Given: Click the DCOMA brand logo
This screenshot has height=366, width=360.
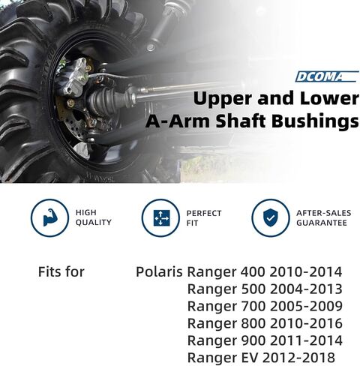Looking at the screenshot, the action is click(x=326, y=76).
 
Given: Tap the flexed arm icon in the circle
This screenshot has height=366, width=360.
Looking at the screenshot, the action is click(x=49, y=217).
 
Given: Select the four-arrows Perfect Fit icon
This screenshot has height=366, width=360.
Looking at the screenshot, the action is click(x=161, y=218).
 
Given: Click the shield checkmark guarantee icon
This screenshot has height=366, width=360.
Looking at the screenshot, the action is click(x=270, y=217).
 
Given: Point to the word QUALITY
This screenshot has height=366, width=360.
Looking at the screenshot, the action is click(x=94, y=222).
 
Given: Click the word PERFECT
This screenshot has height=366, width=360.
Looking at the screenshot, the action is click(x=204, y=213).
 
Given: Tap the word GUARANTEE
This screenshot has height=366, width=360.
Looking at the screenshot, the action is click(x=322, y=223).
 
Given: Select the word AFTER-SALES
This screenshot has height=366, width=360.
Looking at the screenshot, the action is click(x=324, y=213).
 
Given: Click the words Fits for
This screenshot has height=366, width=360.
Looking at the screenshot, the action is click(x=61, y=271).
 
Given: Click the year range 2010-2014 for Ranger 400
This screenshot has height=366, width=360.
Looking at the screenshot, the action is click(x=306, y=271).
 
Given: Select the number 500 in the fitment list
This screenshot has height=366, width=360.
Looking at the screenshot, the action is click(x=253, y=289).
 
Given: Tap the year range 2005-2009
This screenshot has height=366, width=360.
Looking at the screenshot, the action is click(x=306, y=306).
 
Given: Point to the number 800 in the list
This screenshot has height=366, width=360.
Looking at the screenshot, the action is click(x=253, y=323).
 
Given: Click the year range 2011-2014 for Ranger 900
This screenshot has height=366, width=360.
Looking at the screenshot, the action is click(x=306, y=340).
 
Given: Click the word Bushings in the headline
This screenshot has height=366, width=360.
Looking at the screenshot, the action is click(x=315, y=121).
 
